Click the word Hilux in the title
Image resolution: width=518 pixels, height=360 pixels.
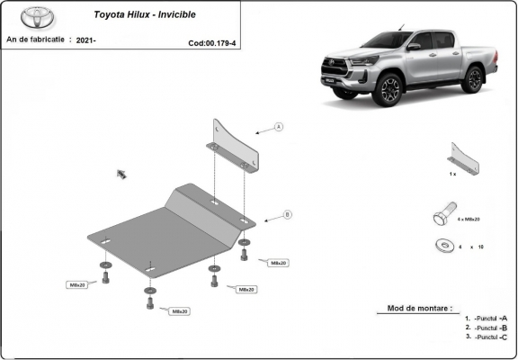(147, 15)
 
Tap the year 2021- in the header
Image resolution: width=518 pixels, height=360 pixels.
(86, 40)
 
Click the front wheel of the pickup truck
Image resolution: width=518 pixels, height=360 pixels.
(389, 90)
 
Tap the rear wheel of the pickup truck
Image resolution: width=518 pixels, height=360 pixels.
(471, 79)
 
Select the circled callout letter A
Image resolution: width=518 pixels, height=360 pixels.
(279, 127)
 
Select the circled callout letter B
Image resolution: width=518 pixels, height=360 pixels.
(287, 214)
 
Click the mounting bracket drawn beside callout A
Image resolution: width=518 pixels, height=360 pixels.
(235, 146)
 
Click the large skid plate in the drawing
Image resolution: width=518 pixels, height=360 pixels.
(171, 229)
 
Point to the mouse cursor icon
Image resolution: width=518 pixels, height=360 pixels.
(121, 174)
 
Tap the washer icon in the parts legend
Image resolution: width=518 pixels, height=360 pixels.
(442, 245)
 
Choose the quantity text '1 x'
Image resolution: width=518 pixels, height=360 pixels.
(452, 172)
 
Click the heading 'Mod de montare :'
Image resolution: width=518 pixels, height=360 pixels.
(420, 308)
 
